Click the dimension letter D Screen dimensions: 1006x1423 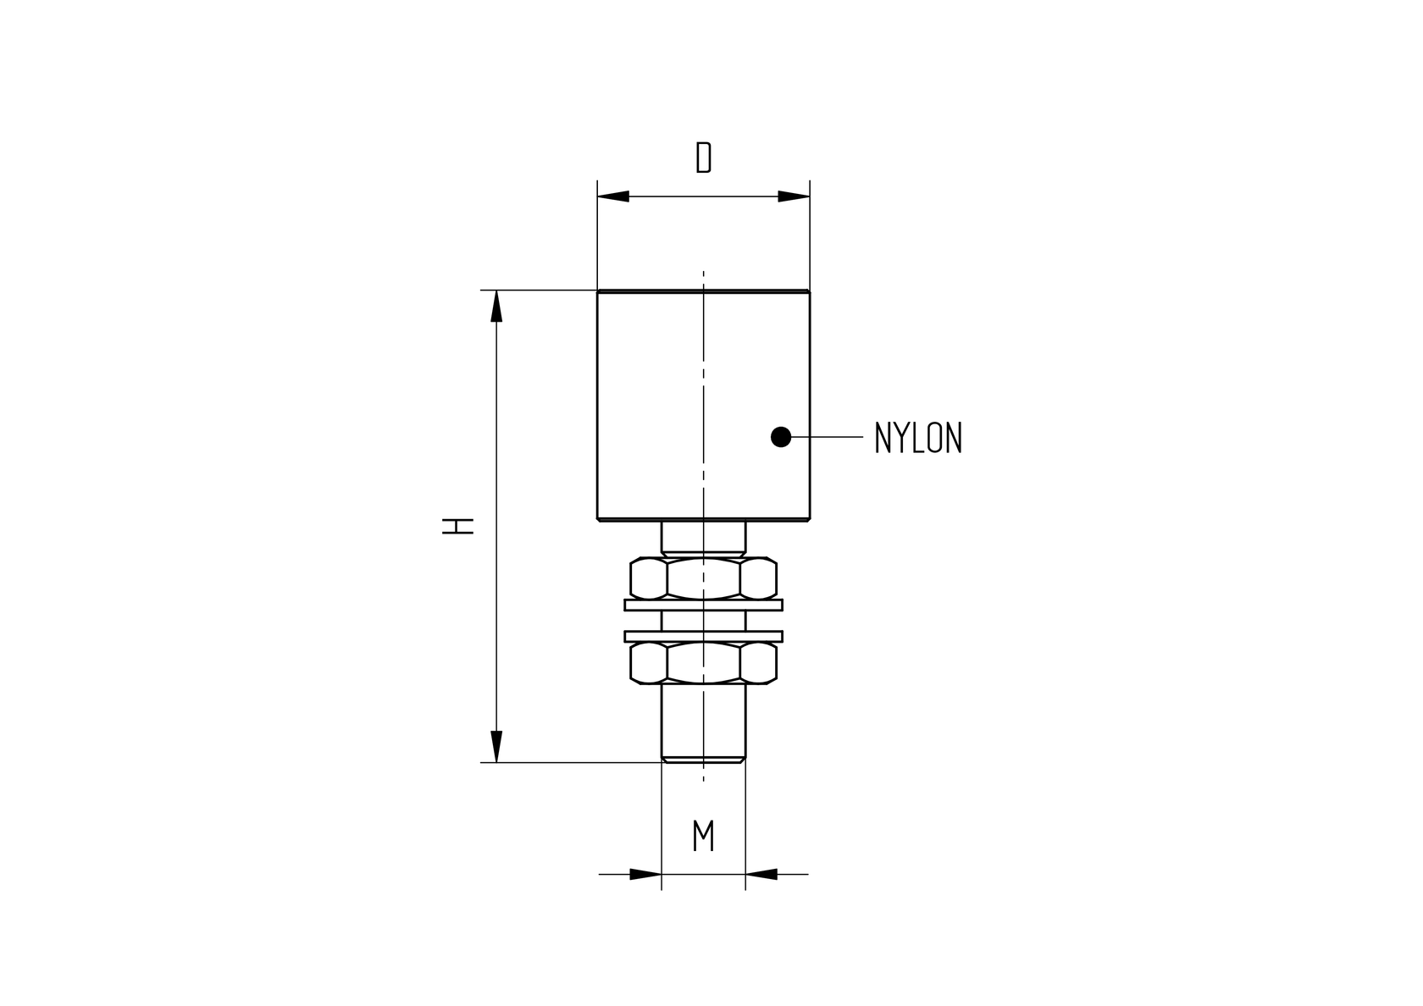point(703,158)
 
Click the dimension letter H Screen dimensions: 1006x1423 point(457,525)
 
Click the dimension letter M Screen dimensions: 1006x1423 point(703,836)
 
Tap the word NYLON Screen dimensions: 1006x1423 point(918,438)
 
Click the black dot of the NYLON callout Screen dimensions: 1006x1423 point(781,437)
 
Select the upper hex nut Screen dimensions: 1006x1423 point(703,578)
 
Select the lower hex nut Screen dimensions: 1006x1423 point(703,663)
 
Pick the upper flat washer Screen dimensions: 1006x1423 point(703,605)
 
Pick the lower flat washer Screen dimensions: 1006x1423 point(703,636)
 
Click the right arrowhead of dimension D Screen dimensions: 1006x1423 point(795,196)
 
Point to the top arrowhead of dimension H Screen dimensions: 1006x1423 point(496,307)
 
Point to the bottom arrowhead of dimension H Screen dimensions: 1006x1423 point(496,746)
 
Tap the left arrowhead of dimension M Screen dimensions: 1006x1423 point(645,874)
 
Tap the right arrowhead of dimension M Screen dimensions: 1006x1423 point(761,874)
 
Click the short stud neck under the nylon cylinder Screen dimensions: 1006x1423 point(703,538)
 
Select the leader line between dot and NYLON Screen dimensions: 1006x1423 point(827,437)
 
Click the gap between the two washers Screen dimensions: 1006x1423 point(703,621)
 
